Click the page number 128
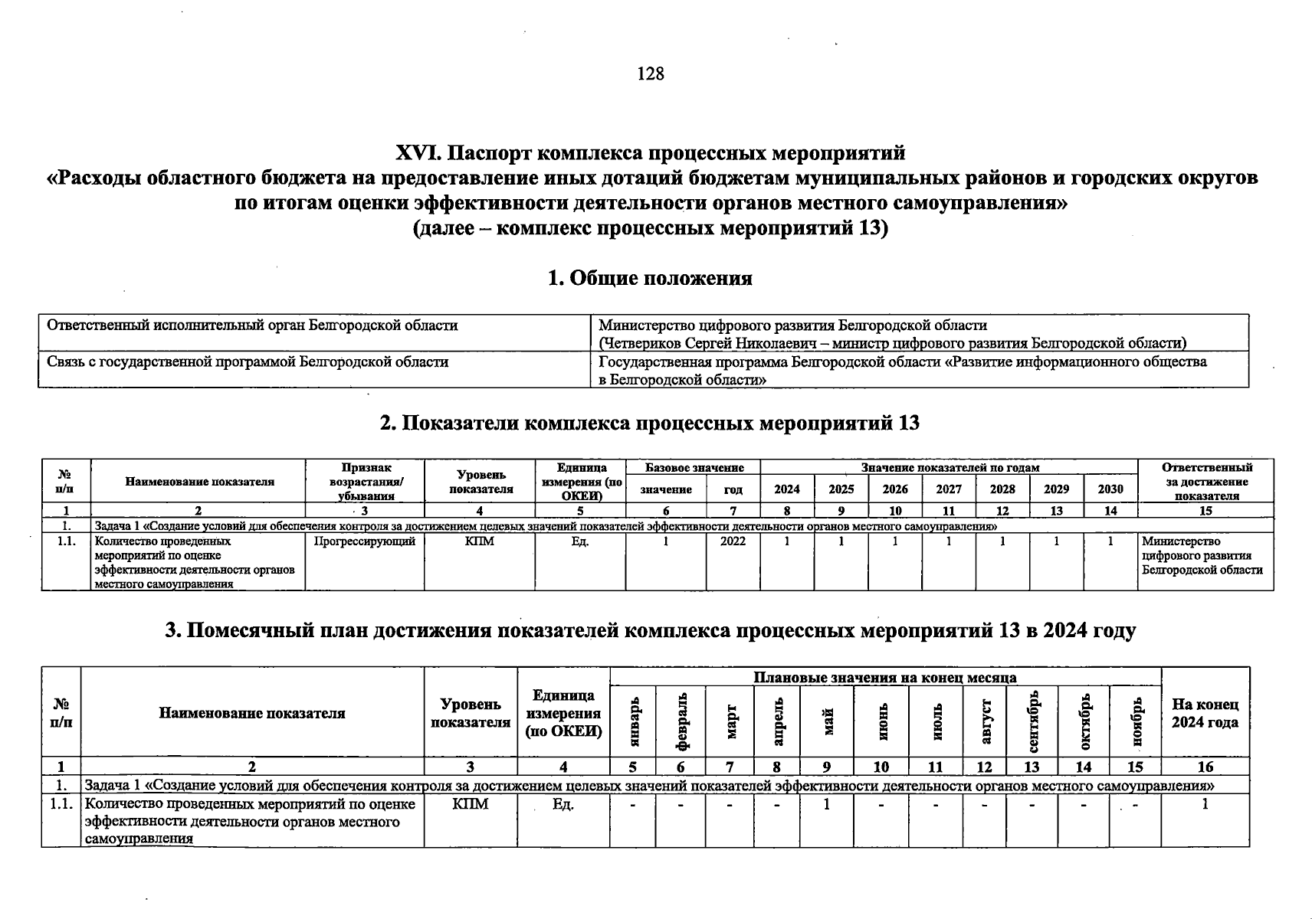pos(650,74)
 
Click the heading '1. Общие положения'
pos(650,278)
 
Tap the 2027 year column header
pos(949,489)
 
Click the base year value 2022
pos(733,541)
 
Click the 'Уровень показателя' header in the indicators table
pos(480,482)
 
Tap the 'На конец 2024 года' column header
pos(1205,713)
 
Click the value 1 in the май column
pos(827,804)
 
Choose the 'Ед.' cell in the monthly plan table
pos(563,804)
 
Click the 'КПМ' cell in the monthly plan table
pos(471,804)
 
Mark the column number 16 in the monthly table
pos(1205,767)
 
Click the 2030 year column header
pos(1110,489)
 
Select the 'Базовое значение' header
pos(694,467)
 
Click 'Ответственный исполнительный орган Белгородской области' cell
pos(253,325)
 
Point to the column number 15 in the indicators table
pos(1205,511)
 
